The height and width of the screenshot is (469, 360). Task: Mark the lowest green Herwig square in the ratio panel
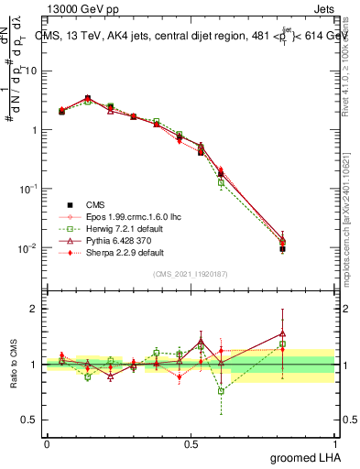(221, 391)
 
